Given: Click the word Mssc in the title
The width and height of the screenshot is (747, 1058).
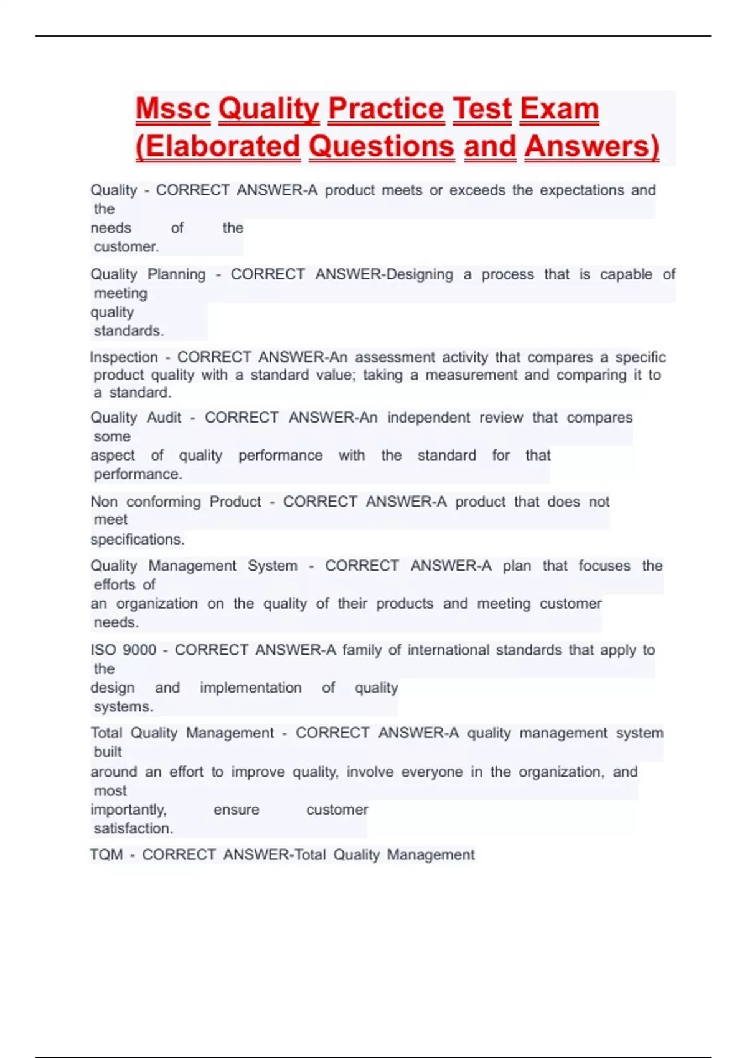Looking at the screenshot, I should click(x=172, y=109).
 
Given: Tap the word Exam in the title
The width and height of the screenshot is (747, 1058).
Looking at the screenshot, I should click(x=559, y=109).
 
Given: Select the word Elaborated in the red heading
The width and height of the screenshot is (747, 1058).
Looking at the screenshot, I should click(x=218, y=147).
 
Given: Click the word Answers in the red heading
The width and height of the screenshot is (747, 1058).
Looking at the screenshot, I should click(x=591, y=147).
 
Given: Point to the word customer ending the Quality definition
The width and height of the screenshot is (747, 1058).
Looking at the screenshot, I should click(x=126, y=247).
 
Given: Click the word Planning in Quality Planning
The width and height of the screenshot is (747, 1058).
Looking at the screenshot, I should click(x=176, y=274).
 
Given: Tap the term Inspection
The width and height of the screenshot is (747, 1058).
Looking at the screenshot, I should click(x=124, y=357).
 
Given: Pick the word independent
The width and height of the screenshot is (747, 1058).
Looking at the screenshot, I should click(x=428, y=418).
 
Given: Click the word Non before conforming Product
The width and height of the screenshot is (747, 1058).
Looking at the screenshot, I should click(x=104, y=502).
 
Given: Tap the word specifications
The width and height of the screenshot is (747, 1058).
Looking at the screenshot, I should click(x=137, y=540).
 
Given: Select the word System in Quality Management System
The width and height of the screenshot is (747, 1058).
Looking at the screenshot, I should click(x=272, y=566).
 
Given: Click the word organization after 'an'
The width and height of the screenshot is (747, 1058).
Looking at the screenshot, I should click(x=157, y=604).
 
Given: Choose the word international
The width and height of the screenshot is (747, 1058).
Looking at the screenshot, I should click(x=448, y=650).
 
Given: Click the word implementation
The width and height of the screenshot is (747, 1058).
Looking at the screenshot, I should click(x=250, y=688).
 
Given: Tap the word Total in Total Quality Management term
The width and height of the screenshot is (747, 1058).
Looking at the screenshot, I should click(x=106, y=733).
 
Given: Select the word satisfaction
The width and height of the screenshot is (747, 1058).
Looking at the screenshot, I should click(x=133, y=829).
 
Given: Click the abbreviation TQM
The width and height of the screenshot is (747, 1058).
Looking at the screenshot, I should click(x=106, y=855).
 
